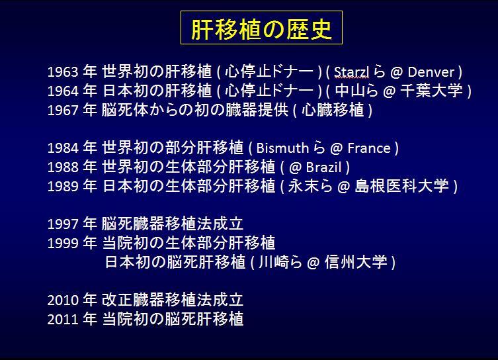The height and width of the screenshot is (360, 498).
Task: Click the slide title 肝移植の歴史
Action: (x=261, y=29)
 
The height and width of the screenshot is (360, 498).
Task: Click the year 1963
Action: (x=63, y=72)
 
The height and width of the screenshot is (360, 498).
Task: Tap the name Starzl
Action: (x=352, y=72)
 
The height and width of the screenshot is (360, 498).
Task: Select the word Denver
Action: (x=431, y=72)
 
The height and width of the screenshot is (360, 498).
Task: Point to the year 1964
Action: (x=63, y=91)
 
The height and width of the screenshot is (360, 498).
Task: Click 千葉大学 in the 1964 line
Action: (x=431, y=91)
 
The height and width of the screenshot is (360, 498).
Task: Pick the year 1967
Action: (x=63, y=111)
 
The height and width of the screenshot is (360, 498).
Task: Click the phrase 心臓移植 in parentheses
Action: (x=333, y=110)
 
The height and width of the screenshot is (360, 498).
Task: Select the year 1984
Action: (x=63, y=148)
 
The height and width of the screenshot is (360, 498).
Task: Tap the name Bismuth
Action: (x=282, y=148)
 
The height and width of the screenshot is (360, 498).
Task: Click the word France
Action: (x=369, y=148)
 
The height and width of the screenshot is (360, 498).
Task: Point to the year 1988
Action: (x=63, y=167)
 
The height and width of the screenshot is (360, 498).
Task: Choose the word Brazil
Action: (x=323, y=167)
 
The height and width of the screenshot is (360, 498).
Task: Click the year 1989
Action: (x=63, y=187)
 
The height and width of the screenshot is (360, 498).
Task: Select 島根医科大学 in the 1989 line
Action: (x=401, y=186)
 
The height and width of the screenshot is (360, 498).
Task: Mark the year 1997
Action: (x=63, y=224)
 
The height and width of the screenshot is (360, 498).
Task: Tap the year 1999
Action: (x=63, y=244)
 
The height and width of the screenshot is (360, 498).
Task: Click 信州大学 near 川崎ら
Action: (x=356, y=262)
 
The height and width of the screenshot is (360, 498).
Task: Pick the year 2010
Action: (x=63, y=300)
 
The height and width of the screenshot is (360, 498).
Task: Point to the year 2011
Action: (x=63, y=320)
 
